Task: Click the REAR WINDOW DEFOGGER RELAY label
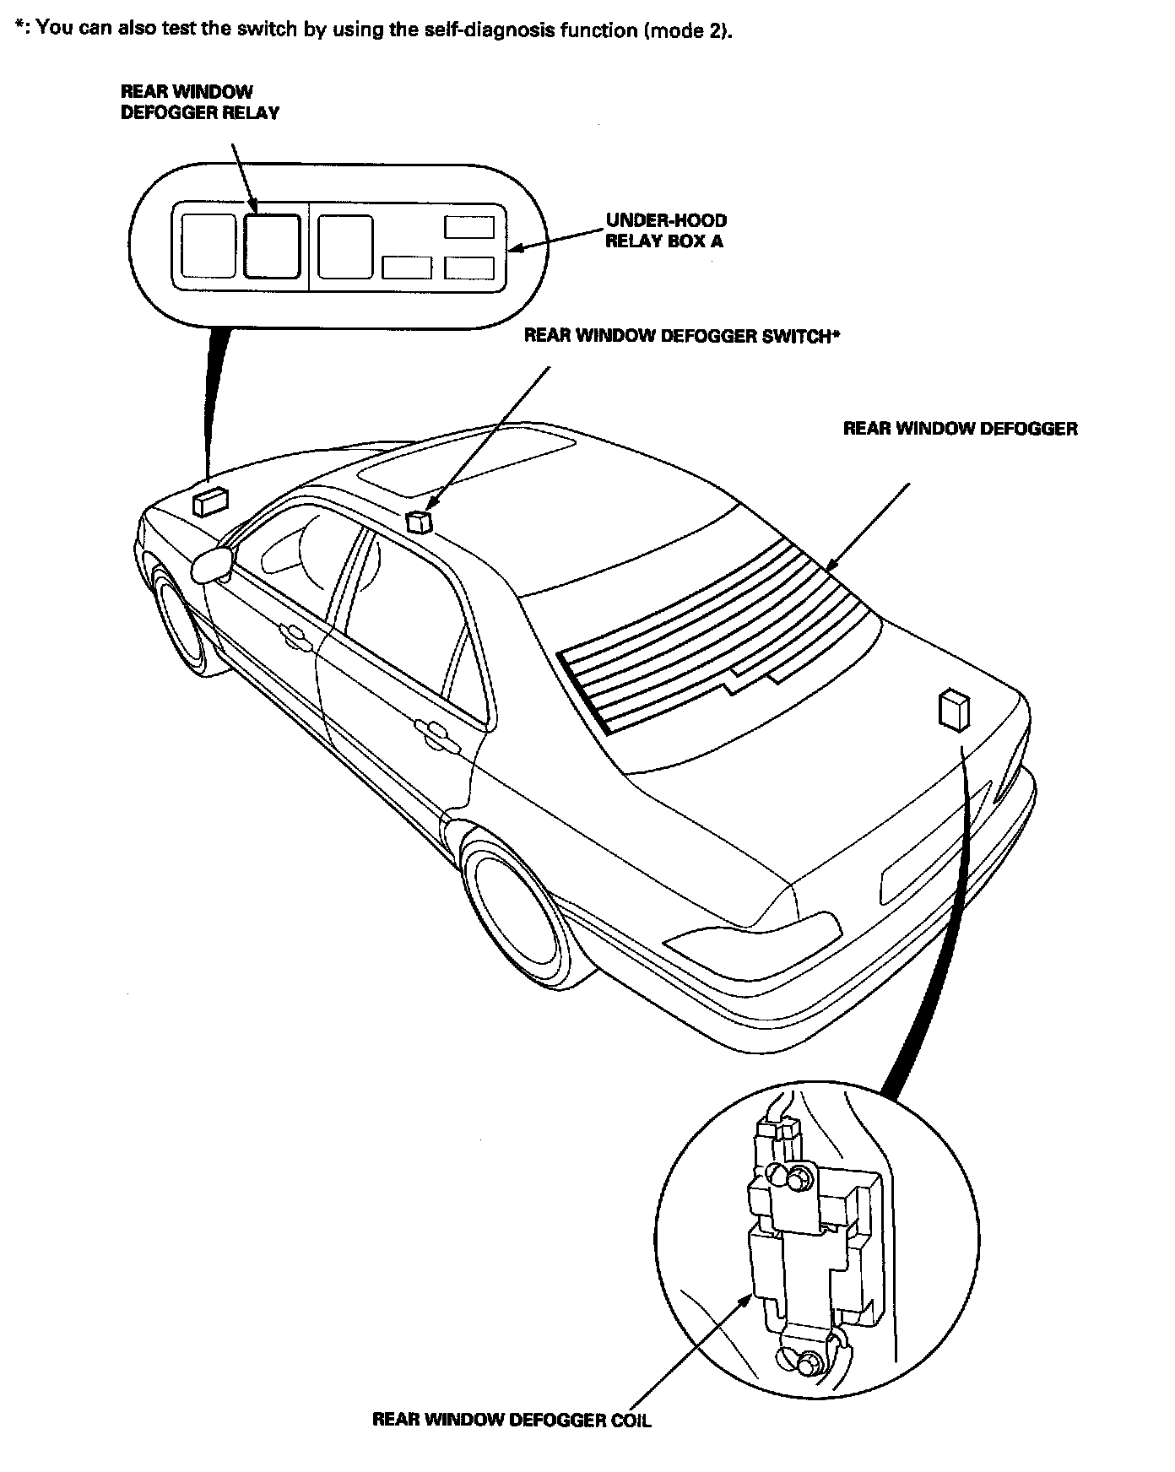tap(199, 102)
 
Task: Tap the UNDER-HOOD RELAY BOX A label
tap(665, 230)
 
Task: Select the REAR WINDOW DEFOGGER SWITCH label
tap(682, 336)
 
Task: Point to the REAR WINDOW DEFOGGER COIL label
tap(512, 1420)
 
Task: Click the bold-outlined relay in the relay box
tap(272, 246)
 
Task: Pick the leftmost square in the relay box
tap(208, 246)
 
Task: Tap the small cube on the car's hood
tap(209, 501)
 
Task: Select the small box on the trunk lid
tap(953, 709)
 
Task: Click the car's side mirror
tap(213, 564)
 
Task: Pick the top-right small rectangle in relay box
tap(469, 227)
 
